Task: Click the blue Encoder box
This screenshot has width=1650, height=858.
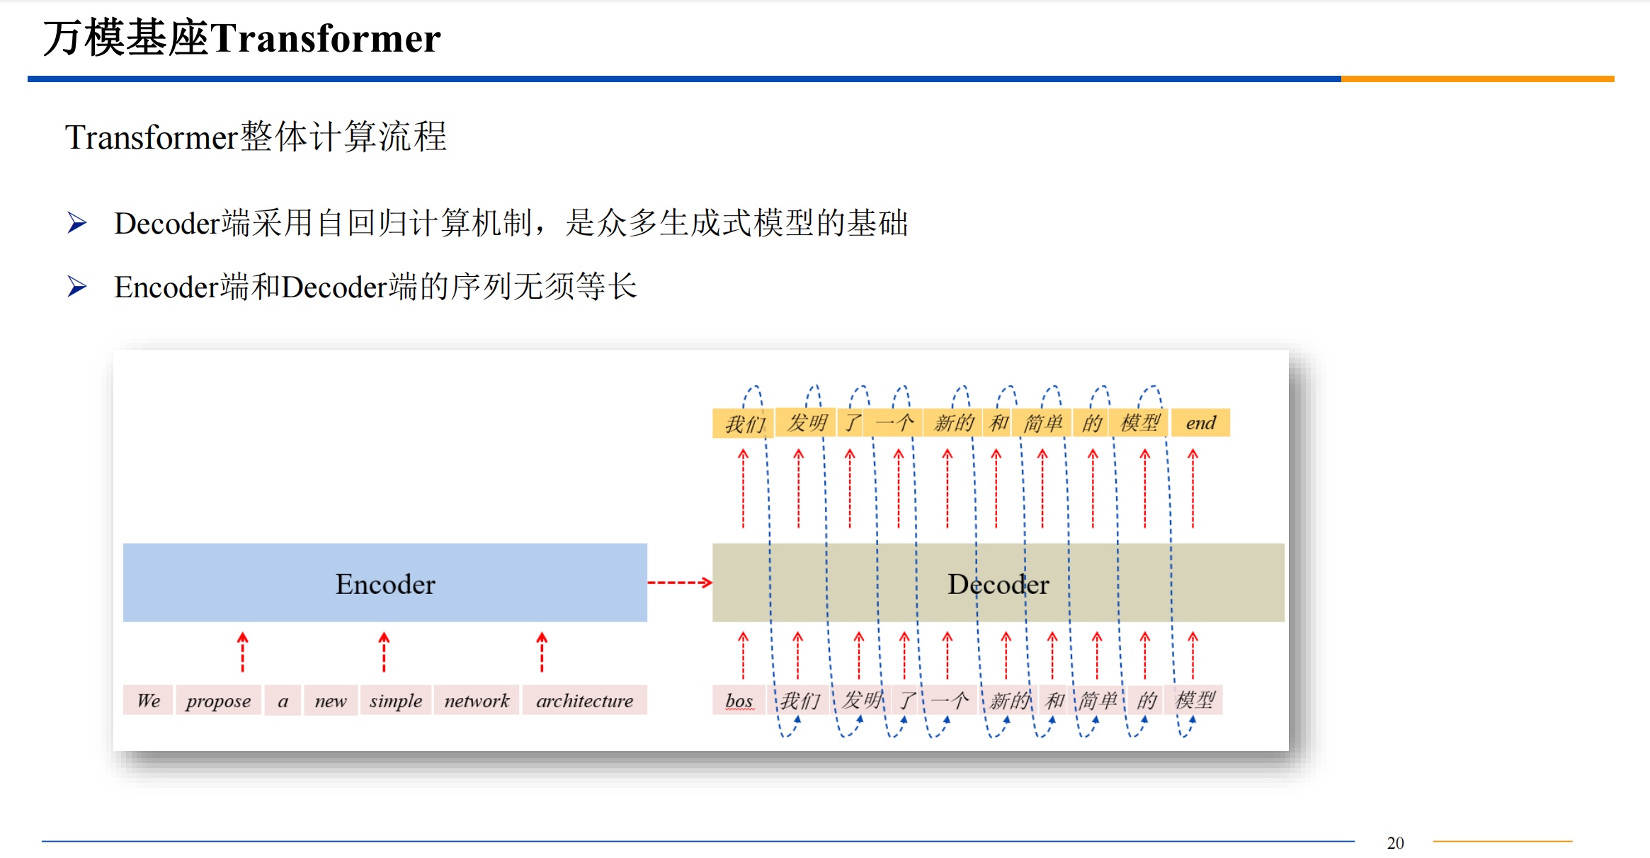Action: pos(385,583)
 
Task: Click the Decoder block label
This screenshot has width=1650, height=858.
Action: pos(998,584)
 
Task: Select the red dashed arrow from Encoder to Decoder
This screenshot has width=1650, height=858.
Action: pos(679,583)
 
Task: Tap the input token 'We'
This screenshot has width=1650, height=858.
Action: pos(148,700)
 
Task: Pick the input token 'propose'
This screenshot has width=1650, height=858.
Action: pos(218,700)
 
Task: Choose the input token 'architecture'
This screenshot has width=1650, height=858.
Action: pos(584,700)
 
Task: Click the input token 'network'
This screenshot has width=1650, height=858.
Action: pos(477,700)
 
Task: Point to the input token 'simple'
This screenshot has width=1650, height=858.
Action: pos(395,700)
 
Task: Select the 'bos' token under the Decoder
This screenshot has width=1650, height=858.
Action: pos(739,700)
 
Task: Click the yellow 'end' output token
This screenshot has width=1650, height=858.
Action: pos(1200,423)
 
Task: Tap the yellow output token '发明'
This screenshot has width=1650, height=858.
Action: pos(807,423)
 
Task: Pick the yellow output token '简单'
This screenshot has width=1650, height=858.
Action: pos(1042,423)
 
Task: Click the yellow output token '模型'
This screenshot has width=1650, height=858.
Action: pos(1139,423)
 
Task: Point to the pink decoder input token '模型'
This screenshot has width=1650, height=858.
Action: pos(1195,700)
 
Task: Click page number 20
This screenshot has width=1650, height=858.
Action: pos(1395,842)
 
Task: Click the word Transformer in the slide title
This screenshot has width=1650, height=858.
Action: pos(325,38)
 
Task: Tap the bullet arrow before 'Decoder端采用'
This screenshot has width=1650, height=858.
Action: pos(76,223)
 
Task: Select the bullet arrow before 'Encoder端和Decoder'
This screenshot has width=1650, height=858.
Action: pos(76,287)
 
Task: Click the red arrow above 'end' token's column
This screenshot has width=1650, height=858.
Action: pos(1193,488)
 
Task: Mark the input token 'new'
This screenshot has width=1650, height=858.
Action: pos(331,700)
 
